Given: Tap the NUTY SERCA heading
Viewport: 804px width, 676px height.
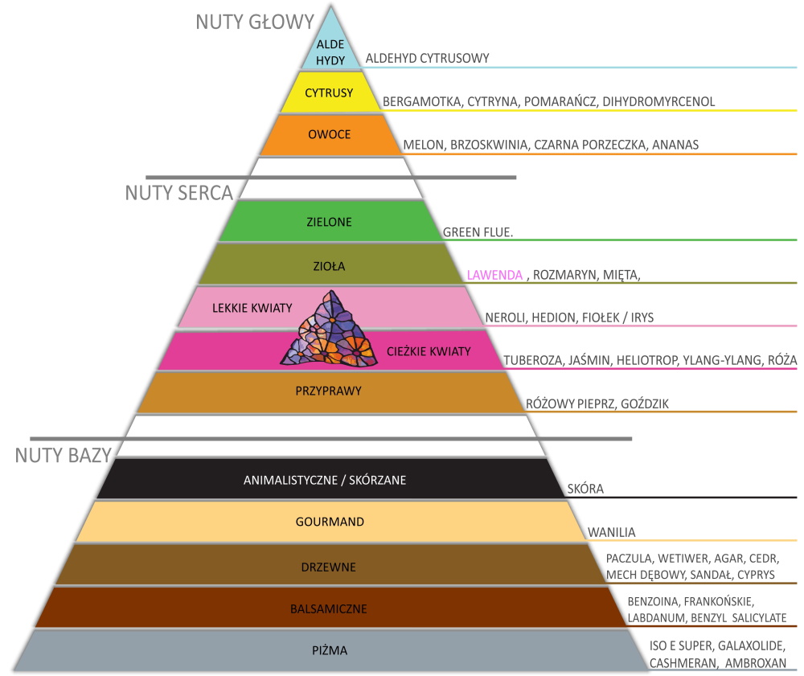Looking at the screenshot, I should [x=179, y=193].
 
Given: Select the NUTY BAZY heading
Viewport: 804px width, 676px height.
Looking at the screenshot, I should [x=63, y=455].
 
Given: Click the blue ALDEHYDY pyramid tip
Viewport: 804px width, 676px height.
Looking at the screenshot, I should [x=330, y=49].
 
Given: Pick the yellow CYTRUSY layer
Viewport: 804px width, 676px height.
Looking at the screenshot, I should [x=329, y=93].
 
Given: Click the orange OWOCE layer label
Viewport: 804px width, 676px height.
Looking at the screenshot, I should [x=330, y=134].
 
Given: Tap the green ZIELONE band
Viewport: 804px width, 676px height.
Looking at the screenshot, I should [x=329, y=221].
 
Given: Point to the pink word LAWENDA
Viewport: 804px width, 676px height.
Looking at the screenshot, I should [x=494, y=274].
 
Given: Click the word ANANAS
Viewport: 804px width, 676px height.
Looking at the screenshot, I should [x=675, y=145].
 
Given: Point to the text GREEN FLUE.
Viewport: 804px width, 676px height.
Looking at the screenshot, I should [x=478, y=232].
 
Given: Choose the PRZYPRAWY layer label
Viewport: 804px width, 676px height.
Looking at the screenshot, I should [x=329, y=391].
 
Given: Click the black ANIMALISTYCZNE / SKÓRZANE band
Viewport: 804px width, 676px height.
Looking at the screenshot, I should [x=325, y=481].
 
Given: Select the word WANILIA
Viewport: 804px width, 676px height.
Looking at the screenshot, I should [x=611, y=532].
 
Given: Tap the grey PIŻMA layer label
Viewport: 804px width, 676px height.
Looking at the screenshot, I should [x=329, y=650].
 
